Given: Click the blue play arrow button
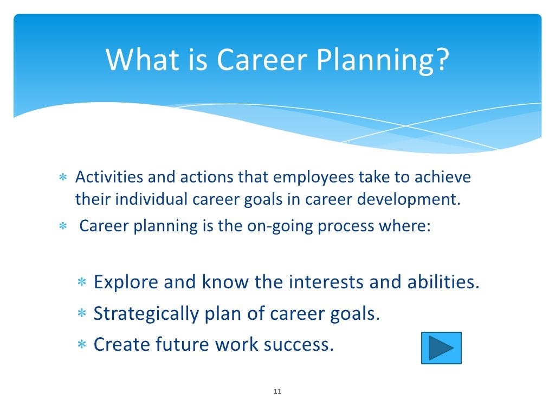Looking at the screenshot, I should click(441, 348).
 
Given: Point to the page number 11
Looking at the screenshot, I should click(277, 392).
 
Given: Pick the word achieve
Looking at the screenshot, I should click(443, 177).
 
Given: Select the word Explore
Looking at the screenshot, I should click(126, 282).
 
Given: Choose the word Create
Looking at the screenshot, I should click(122, 344).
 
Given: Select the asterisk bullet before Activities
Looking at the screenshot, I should click(62, 178).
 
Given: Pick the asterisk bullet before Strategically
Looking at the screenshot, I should click(82, 314).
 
